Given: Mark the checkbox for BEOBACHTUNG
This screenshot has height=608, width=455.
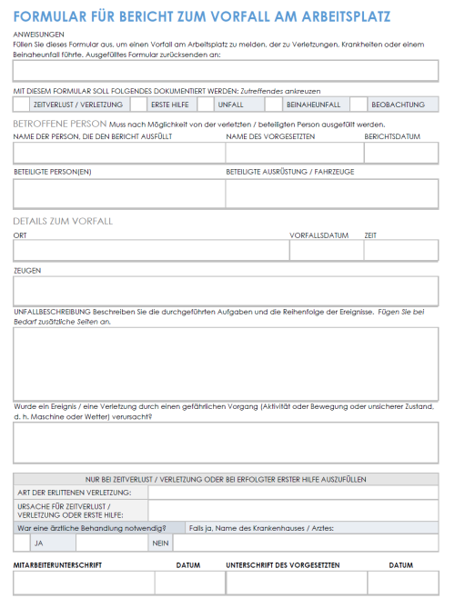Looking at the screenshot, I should coord(359,105).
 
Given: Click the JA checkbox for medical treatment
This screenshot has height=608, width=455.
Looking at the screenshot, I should coord(22,543).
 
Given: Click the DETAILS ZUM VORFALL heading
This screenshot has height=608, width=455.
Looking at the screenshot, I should coord(63,221).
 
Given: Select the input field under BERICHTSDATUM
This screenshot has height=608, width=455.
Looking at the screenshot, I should coord(400,153).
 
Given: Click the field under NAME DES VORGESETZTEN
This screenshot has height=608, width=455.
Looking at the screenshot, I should coord(293,153).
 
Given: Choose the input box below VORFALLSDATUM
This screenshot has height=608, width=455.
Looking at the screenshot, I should coord(325,250).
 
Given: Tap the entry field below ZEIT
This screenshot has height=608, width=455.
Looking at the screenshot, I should coord(400,250).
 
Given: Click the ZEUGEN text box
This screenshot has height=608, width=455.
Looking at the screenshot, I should coord(226,290).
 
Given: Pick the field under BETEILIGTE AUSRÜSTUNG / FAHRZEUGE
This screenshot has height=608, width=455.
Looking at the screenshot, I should coord(331,193).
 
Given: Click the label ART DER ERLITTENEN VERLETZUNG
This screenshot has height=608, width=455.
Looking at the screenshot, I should coord(75,492).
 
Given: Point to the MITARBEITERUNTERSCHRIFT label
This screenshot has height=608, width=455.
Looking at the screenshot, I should coord(57,565).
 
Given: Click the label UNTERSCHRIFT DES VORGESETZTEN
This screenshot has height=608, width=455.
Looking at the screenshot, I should coord(283,565).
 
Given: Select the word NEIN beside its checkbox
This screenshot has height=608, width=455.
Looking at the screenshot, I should coord(160,543).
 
